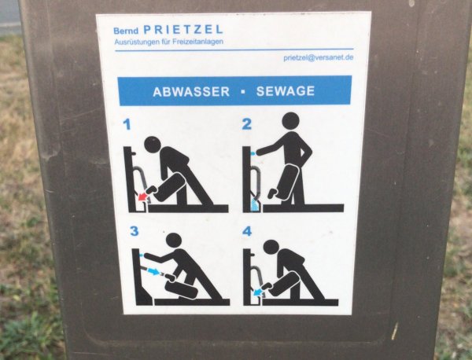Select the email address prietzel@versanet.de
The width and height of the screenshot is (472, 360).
[318, 57]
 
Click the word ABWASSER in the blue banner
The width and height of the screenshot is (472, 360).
[191, 91]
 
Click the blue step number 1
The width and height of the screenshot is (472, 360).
[127, 124]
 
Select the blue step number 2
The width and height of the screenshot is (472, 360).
[246, 123]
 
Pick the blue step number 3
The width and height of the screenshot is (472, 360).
[134, 231]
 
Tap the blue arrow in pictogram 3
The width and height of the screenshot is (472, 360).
[154, 272]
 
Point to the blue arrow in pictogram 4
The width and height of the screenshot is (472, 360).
[259, 290]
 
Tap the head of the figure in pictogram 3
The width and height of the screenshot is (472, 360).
[173, 240]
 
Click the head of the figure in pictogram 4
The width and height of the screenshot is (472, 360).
[271, 247]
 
